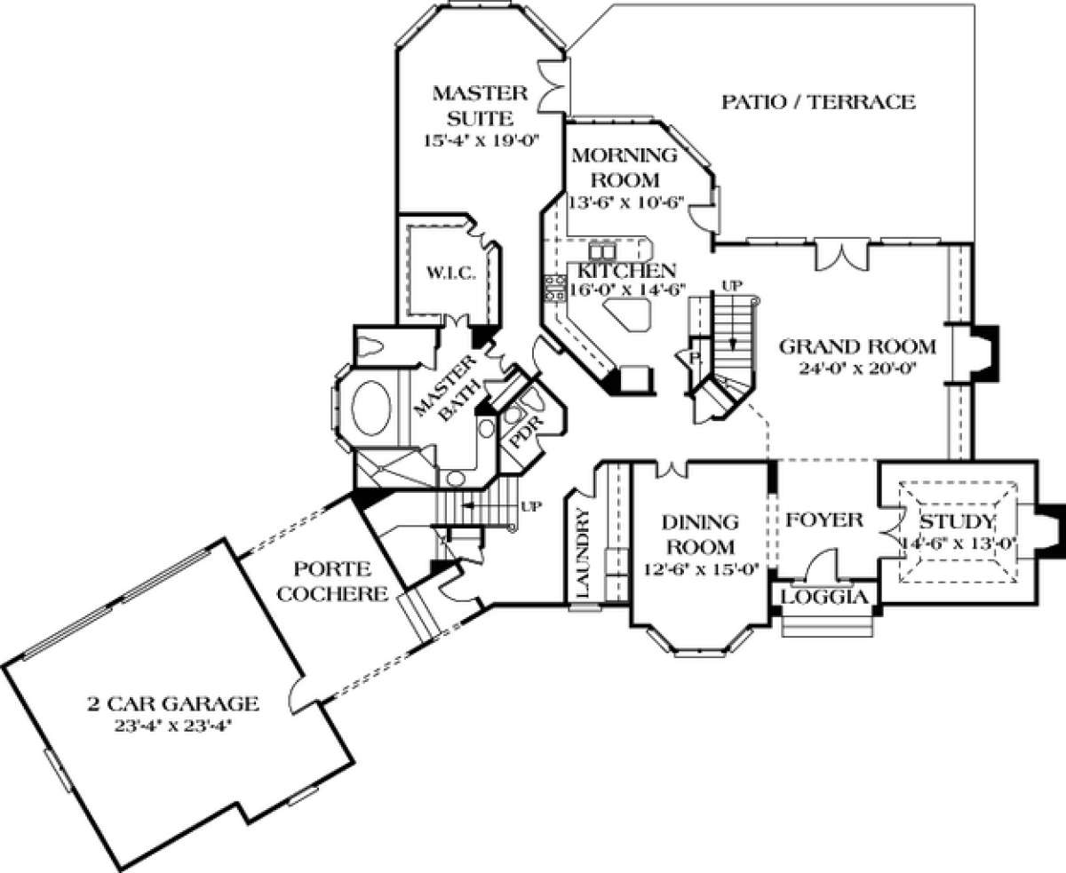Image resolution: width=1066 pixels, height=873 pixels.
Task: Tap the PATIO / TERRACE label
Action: [x=818, y=102]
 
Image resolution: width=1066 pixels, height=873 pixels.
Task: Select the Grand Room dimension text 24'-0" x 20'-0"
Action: [x=858, y=369]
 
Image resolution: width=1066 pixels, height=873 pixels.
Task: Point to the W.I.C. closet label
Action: [x=451, y=274]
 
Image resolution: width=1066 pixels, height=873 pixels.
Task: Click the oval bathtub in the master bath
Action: [x=371, y=409]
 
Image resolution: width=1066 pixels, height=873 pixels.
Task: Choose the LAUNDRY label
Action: [x=583, y=552]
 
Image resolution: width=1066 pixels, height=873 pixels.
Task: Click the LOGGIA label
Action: [x=824, y=597]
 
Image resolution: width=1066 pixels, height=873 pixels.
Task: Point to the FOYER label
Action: [x=823, y=520]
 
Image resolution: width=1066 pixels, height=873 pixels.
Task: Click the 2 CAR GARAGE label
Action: [x=173, y=703]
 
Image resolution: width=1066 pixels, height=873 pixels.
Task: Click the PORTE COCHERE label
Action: [x=333, y=582]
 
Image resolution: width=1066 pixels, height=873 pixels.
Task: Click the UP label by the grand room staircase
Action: [x=732, y=286]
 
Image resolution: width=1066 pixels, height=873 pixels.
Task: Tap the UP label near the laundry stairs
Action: [x=532, y=505]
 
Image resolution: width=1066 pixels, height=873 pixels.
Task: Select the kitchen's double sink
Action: [x=602, y=251]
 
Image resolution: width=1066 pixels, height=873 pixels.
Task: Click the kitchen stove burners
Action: [x=555, y=288]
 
